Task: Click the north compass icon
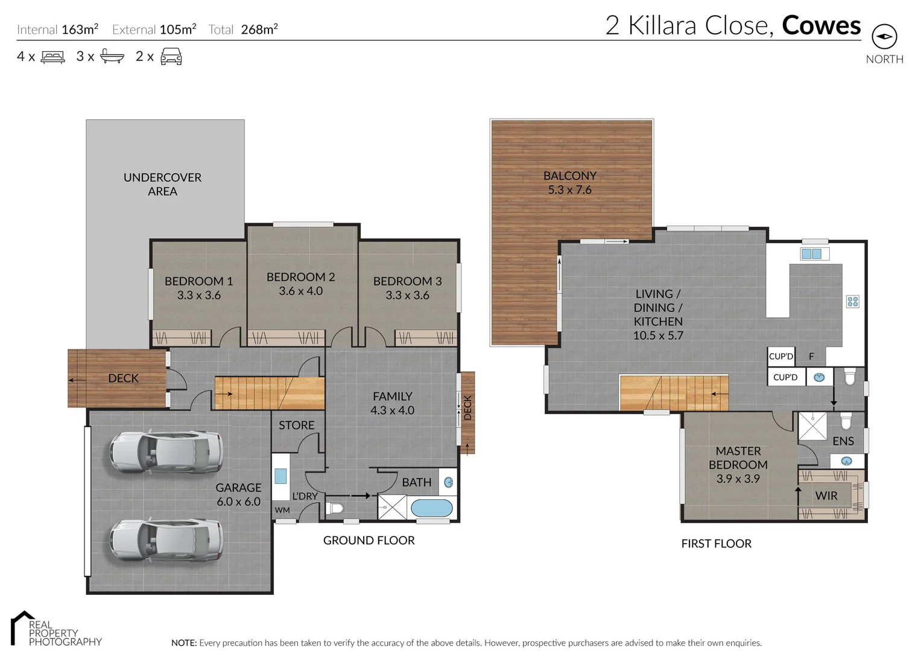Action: pyautogui.click(x=884, y=37)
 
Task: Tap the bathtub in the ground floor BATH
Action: pyautogui.click(x=431, y=508)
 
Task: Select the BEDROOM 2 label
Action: pyautogui.click(x=300, y=284)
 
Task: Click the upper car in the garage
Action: pyautogui.click(x=166, y=451)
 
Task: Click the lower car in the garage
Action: pyautogui.click(x=166, y=540)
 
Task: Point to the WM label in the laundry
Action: pyautogui.click(x=282, y=510)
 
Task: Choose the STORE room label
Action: pyautogui.click(x=296, y=425)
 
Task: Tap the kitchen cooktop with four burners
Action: pyautogui.click(x=852, y=301)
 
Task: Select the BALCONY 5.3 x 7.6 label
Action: pyautogui.click(x=569, y=183)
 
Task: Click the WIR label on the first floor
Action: pyautogui.click(x=826, y=495)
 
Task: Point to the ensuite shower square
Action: pyautogui.click(x=812, y=426)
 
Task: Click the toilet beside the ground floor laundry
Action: pyautogui.click(x=335, y=508)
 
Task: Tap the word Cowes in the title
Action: pyautogui.click(x=821, y=25)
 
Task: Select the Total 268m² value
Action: pyautogui.click(x=259, y=30)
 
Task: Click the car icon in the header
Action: pyautogui.click(x=171, y=57)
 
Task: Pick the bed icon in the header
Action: pyautogui.click(x=52, y=57)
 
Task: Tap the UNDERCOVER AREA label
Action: pyautogui.click(x=162, y=184)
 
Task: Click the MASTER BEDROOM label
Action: pyautogui.click(x=738, y=465)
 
